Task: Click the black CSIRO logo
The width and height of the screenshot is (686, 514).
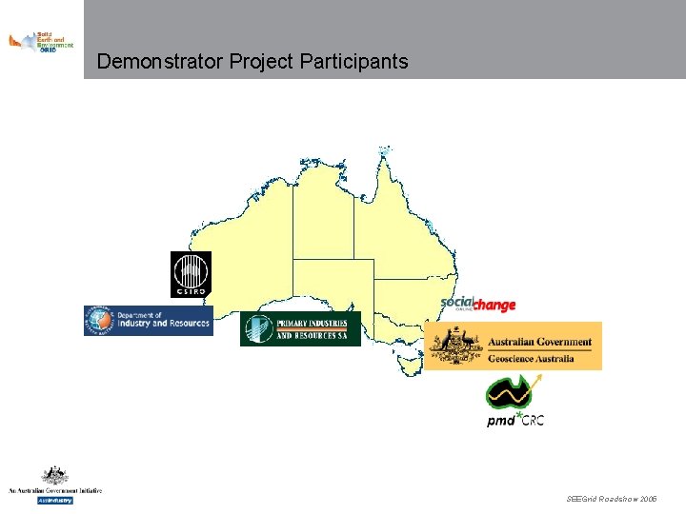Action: click(x=191, y=274)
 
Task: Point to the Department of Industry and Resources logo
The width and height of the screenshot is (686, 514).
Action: click(x=148, y=320)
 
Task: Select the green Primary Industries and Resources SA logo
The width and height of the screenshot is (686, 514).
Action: click(x=300, y=328)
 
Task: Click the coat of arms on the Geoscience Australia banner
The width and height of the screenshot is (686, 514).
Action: click(x=452, y=346)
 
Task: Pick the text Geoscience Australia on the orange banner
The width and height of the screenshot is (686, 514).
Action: click(x=531, y=359)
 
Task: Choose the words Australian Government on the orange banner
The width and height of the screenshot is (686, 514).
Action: click(x=539, y=342)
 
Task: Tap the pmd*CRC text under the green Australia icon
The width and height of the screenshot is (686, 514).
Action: click(x=515, y=420)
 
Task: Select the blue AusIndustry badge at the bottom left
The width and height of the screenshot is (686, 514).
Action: click(x=55, y=500)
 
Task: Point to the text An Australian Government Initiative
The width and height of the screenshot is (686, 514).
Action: click(x=55, y=490)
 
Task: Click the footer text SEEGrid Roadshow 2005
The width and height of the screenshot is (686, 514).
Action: click(x=611, y=499)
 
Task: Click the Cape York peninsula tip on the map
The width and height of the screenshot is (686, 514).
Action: click(x=384, y=153)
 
